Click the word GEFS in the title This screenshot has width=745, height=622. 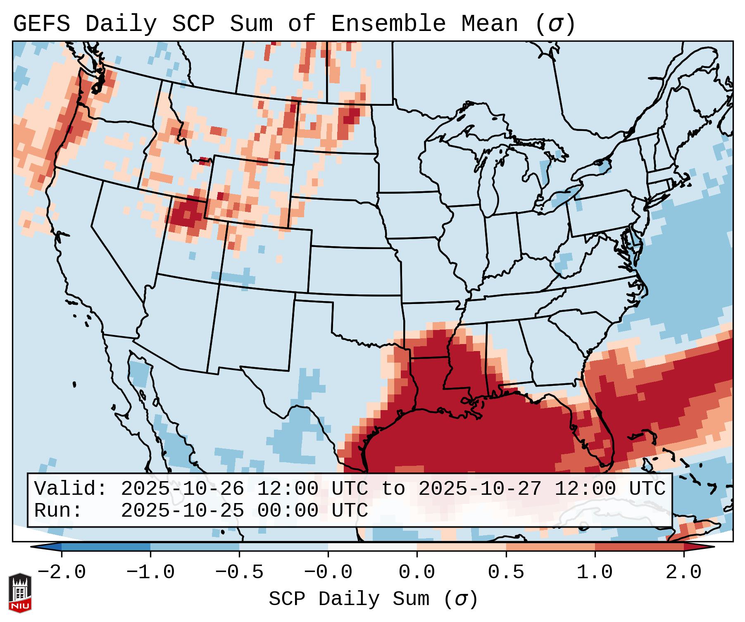pos(42,24)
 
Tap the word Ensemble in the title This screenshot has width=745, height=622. pos(388,24)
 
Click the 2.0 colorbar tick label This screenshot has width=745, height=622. pos(683,572)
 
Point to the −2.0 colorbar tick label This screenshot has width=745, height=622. pos(62,572)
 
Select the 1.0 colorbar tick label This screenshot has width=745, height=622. pos(595,572)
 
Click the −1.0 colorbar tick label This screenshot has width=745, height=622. pos(150,572)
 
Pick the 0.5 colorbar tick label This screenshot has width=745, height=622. pos(506,572)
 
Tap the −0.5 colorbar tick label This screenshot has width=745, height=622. pos(239,572)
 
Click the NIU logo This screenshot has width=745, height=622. pos(20,592)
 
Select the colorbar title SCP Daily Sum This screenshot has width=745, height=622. pos(349,599)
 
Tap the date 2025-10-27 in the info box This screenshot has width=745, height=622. pos(480,489)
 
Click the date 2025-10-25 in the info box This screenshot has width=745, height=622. pos(182,510)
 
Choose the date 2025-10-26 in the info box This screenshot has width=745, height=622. pos(182,489)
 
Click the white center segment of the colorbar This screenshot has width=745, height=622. pos(372,547)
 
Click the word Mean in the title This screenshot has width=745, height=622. pos(489,24)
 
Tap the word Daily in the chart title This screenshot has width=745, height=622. pos(121,24)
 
